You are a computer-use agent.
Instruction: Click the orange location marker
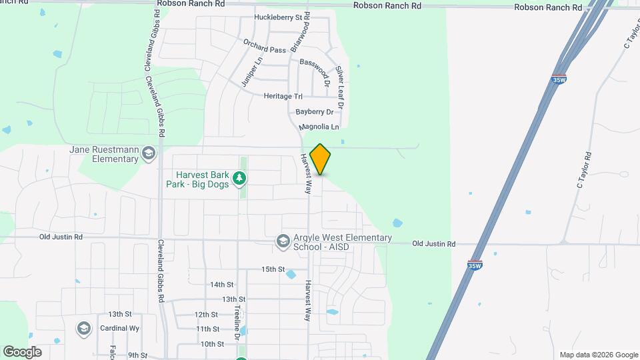pos(320,159)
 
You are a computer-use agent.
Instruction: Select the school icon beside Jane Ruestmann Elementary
pos(149,155)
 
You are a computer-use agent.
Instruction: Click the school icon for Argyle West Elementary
pos(283,240)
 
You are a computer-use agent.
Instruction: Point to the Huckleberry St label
pos(279,17)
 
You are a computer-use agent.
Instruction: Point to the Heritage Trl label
pos(283,96)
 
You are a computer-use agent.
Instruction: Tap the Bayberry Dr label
pos(315,112)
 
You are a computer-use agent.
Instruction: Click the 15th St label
pos(273,269)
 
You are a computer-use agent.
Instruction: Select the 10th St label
pos(212,344)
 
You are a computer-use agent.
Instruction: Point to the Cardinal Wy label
pos(119,329)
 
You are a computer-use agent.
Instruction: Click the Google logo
pos(22,352)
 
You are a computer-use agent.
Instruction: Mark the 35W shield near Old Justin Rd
pos(475,265)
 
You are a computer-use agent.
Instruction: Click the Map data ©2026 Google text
pos(598,355)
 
